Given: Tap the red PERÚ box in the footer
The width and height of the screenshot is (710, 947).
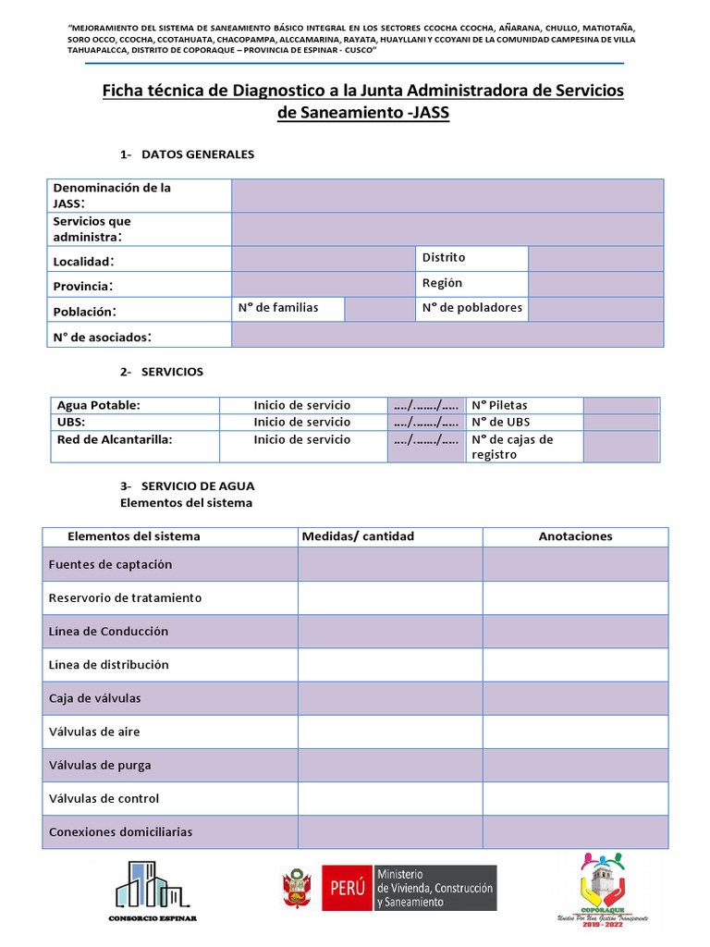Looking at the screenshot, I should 346,889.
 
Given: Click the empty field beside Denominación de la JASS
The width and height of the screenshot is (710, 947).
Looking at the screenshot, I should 447,195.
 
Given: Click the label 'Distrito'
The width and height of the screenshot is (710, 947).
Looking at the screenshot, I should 444,257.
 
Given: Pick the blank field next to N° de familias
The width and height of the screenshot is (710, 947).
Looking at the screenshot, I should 379,309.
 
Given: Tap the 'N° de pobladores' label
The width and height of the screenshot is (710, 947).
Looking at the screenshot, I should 471,308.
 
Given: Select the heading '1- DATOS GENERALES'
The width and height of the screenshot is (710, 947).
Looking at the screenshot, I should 187,154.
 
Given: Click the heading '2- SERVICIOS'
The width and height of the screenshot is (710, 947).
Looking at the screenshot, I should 162,372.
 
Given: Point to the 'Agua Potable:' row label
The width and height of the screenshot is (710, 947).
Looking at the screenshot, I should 99,405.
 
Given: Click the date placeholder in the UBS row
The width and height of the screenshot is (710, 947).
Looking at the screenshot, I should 426,422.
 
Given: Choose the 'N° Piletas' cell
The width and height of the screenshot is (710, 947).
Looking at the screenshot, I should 499,405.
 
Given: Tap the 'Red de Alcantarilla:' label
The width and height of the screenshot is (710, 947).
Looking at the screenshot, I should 115,440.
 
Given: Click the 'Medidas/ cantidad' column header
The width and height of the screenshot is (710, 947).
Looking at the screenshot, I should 359,536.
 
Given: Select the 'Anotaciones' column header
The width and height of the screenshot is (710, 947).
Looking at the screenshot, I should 575,536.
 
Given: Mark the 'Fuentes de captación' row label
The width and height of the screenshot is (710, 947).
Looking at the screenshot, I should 110,564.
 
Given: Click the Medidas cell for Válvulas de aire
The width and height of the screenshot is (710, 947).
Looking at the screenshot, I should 389,732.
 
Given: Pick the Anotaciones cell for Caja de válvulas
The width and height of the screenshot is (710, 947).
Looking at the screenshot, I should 575,698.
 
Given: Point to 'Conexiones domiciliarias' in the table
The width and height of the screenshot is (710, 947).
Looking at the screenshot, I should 120,831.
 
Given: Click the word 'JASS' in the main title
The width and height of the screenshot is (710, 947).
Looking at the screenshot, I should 429,114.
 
